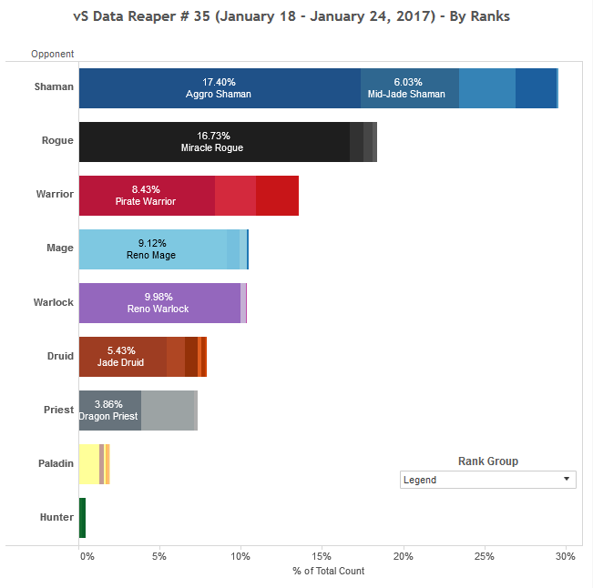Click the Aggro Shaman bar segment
[219, 88]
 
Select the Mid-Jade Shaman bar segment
[409, 88]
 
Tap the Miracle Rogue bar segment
[213, 142]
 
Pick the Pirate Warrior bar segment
[146, 196]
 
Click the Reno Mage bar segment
[151, 249]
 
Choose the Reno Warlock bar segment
[158, 303]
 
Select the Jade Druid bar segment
[121, 357]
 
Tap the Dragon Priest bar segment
[109, 411]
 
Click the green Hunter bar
[82, 517]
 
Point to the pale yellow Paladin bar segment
[88, 464]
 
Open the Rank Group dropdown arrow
[567, 479]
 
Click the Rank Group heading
[487, 461]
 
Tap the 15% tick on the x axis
[322, 555]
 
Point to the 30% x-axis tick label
[565, 555]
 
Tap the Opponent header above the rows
[52, 55]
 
